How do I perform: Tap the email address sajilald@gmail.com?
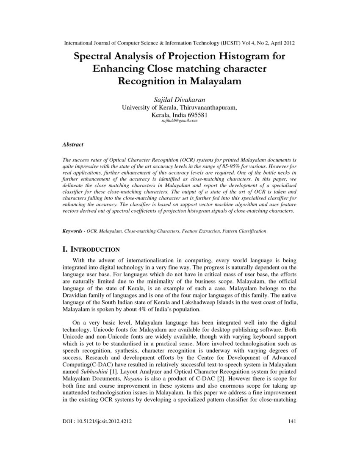(180, 121)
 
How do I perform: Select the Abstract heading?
(73, 144)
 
